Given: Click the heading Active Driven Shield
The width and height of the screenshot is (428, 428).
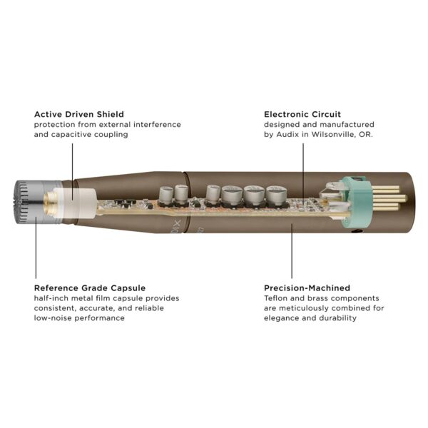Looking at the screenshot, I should pos(78,114).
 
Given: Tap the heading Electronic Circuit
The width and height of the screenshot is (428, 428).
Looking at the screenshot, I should pos(302,114).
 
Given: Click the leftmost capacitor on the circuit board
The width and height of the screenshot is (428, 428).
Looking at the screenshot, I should pos(165,193).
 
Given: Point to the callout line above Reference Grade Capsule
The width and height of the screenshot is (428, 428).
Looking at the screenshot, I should pos(35,246).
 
